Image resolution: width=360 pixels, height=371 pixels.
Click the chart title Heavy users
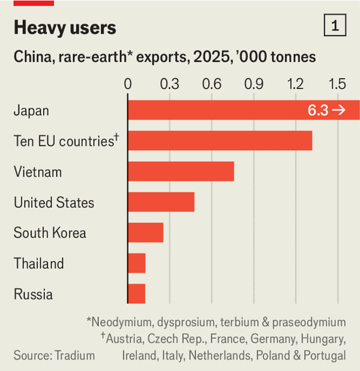click(x=65, y=28)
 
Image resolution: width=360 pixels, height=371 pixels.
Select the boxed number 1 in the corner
click(x=334, y=26)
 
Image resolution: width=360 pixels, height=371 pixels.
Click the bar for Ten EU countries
click(x=220, y=140)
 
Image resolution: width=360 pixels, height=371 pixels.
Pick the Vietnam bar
click(x=181, y=172)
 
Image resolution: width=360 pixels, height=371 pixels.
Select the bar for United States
click(x=161, y=202)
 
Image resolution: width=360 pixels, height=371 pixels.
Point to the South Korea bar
click(x=146, y=232)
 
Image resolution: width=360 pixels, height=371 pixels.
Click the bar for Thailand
click(x=137, y=263)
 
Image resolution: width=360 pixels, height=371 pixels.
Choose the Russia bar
click(x=137, y=294)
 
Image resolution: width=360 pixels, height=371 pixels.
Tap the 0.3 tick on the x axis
click(x=170, y=83)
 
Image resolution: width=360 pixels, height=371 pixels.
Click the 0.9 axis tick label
click(x=254, y=83)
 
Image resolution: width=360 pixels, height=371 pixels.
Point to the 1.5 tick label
click(x=337, y=83)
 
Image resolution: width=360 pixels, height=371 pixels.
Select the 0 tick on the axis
click(x=128, y=83)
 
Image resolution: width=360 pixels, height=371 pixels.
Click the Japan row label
click(x=31, y=110)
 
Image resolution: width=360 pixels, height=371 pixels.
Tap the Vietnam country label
click(x=38, y=172)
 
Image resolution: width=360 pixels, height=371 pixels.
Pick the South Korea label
click(x=50, y=233)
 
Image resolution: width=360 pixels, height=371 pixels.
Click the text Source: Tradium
click(x=54, y=355)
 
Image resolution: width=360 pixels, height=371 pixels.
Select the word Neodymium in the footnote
click(x=121, y=322)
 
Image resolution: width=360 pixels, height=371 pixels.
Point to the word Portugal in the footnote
click(x=323, y=355)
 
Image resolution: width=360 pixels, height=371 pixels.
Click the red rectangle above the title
click(x=34, y=3)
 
